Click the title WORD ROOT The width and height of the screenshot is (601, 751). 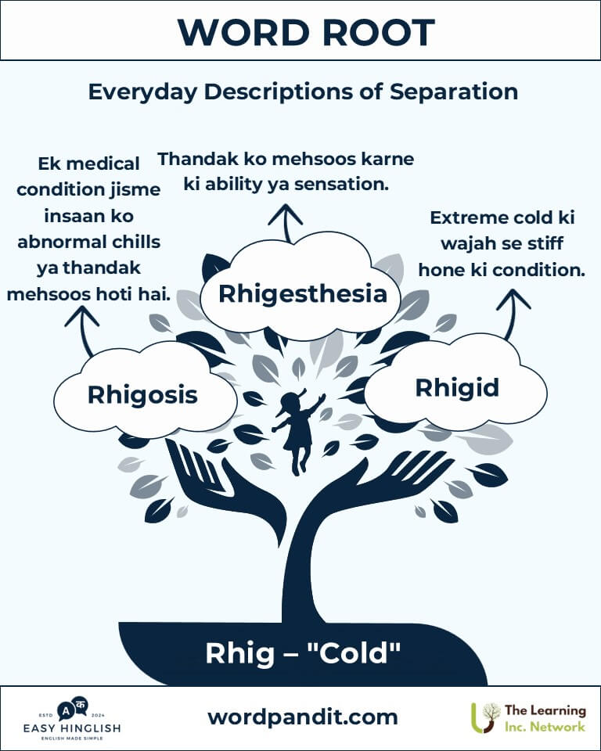(x=306, y=33)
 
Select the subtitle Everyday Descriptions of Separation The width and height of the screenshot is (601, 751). (x=303, y=92)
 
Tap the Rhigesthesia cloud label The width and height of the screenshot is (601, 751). (x=302, y=293)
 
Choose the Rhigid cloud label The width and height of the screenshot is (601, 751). (x=457, y=388)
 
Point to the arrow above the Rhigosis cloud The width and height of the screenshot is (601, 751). (x=84, y=330)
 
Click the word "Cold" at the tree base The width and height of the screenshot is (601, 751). (x=354, y=652)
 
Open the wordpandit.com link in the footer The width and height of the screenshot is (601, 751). (x=302, y=717)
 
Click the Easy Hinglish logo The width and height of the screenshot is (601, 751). (x=72, y=718)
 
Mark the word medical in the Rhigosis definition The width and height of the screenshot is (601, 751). (x=103, y=163)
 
